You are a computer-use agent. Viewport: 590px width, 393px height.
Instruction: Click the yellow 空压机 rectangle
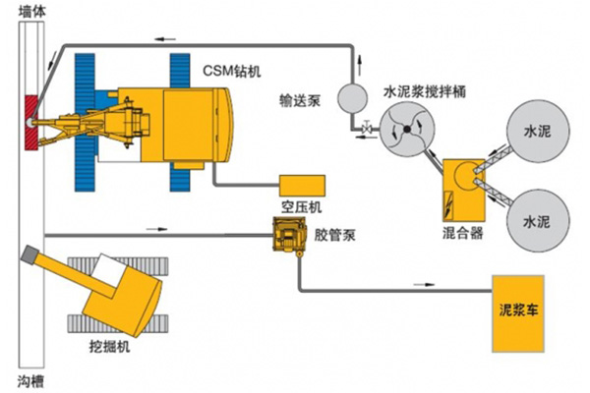pyautogui.click(x=301, y=185)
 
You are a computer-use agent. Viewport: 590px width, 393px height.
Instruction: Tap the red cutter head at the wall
pyautogui.click(x=31, y=122)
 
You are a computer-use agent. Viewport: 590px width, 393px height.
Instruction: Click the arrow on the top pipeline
pyautogui.click(x=158, y=40)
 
